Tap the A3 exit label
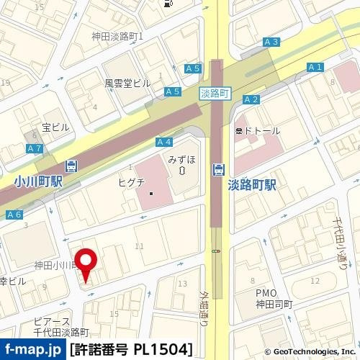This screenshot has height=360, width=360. (x=271, y=42)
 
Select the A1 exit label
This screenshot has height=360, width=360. (x=314, y=68)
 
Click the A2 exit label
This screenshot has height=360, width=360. (x=251, y=99)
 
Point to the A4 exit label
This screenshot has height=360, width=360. (x=163, y=143)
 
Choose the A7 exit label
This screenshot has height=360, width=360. (x=34, y=148)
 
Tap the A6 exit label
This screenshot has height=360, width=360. (x=14, y=215)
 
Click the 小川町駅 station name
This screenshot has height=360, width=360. (x=38, y=182)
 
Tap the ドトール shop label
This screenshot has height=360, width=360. (x=261, y=130)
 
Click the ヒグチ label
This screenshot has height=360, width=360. (x=132, y=182)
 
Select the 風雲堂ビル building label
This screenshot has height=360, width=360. (x=127, y=83)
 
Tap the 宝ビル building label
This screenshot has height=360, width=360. (x=55, y=127)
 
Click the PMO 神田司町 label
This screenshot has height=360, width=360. (x=274, y=299)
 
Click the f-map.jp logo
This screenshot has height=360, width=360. (x=33, y=350)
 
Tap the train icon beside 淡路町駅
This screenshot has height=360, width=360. (x=217, y=170)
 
